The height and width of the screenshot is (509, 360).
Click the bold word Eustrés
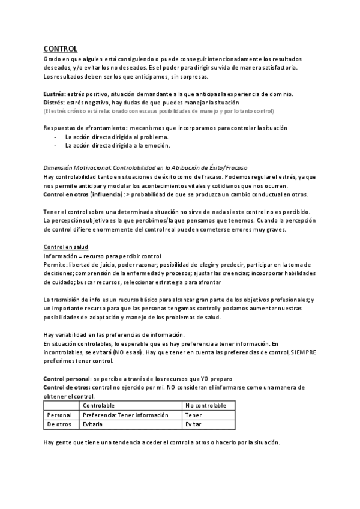click(55, 94)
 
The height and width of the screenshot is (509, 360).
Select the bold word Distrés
click(55, 103)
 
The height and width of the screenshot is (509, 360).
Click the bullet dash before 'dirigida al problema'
click(55, 137)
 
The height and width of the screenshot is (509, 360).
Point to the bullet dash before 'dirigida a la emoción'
click(55, 145)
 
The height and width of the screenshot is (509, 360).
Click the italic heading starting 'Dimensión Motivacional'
click(146, 167)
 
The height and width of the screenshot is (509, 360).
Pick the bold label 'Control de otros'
click(67, 388)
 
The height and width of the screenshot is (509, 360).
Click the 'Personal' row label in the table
click(59, 415)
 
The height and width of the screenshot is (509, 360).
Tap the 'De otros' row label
click(59, 424)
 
